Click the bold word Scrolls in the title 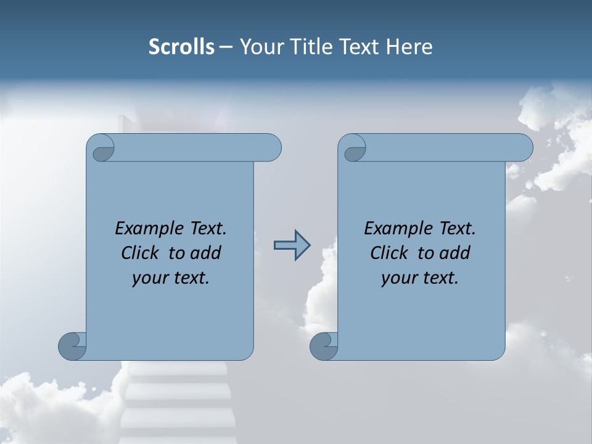click(182, 47)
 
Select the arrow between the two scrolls click(292, 245)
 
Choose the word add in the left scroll click(207, 253)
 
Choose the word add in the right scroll click(456, 253)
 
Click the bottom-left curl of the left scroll click(73, 346)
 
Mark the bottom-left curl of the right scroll click(324, 346)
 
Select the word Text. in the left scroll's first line click(207, 229)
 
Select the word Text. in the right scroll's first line click(456, 229)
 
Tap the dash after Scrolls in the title click(226, 47)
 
